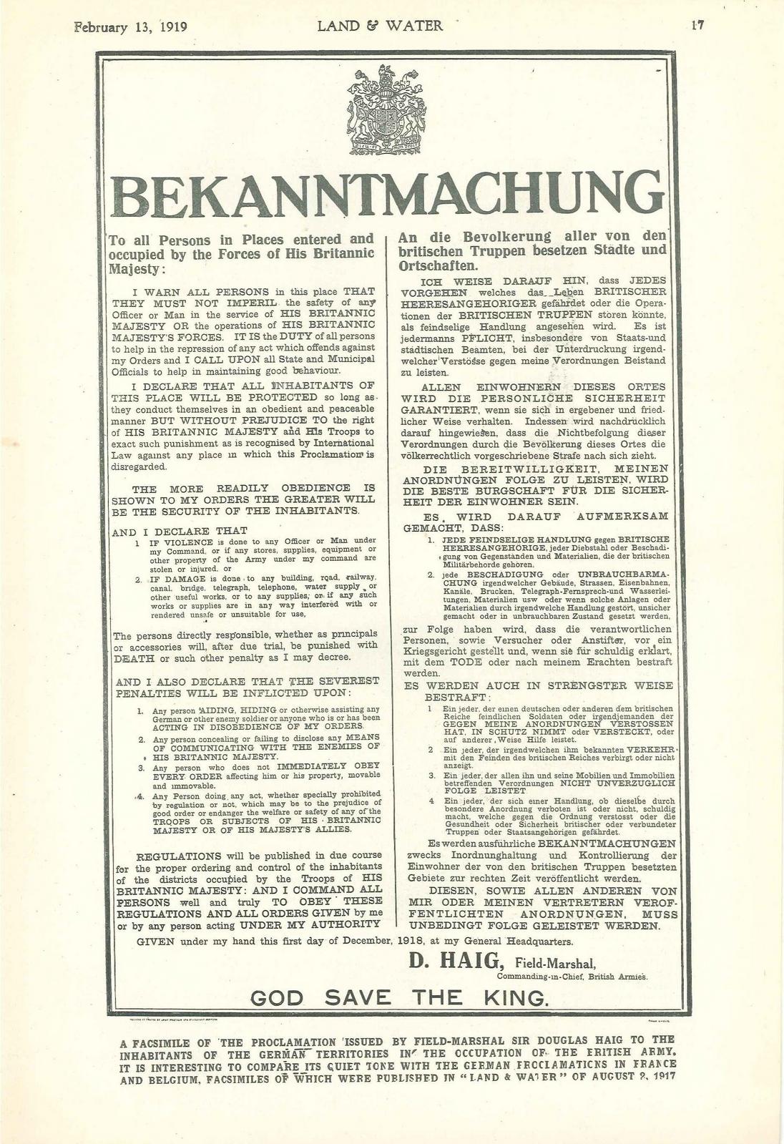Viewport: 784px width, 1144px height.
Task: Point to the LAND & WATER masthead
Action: pos(380,26)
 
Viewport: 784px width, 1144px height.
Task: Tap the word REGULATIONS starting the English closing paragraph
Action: pos(179,856)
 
